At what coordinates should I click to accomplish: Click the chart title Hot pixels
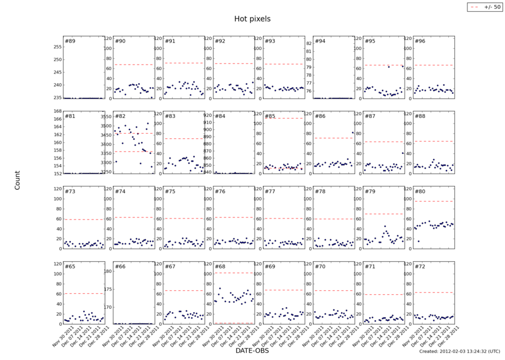click(x=252, y=19)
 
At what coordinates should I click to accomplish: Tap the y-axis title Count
click(x=17, y=180)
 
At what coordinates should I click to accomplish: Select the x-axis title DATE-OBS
click(x=252, y=351)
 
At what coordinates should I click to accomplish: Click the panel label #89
click(x=70, y=42)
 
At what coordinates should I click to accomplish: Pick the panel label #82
click(x=120, y=116)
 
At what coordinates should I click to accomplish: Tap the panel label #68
click(x=219, y=267)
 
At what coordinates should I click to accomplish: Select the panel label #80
click(x=419, y=192)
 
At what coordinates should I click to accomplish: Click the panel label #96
click(x=419, y=42)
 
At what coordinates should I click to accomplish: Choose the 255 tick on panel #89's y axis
click(x=57, y=46)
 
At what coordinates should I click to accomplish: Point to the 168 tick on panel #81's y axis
click(x=57, y=111)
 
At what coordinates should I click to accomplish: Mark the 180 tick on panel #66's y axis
click(x=108, y=271)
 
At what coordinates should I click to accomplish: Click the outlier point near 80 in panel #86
click(x=352, y=133)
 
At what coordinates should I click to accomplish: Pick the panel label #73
click(x=70, y=192)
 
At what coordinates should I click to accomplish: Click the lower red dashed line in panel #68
click(x=234, y=323)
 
